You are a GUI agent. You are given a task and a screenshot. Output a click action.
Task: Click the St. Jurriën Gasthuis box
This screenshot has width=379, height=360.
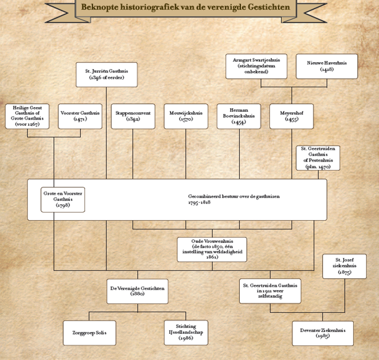[106, 74]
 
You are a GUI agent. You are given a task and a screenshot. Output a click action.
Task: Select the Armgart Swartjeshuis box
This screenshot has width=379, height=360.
[256, 66]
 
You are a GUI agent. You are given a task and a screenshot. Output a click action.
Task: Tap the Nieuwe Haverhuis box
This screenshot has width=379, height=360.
[326, 66]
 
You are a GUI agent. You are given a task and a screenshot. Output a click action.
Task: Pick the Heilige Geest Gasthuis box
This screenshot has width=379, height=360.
[27, 116]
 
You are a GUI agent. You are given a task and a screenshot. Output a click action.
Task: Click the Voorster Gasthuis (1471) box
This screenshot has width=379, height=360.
[80, 116]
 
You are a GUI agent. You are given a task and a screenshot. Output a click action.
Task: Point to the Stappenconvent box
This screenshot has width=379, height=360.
[133, 116]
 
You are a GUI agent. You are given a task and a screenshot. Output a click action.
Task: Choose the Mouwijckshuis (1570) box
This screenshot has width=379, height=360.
[186, 116]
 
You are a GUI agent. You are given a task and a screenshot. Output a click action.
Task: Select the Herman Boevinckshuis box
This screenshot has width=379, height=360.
[239, 116]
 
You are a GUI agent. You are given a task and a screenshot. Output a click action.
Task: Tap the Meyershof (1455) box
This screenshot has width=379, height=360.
[291, 116]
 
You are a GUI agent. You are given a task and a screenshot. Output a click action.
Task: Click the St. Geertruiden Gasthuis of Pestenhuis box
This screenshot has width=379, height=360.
[317, 157]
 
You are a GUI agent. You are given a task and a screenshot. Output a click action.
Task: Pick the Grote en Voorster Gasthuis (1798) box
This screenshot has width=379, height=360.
[63, 199]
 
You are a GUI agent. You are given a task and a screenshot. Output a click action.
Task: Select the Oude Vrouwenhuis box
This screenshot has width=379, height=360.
[212, 249]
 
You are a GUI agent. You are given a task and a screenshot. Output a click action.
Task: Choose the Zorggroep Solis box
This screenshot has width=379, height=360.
[89, 332]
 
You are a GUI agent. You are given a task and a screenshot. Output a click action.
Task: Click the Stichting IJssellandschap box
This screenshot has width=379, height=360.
[185, 332]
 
